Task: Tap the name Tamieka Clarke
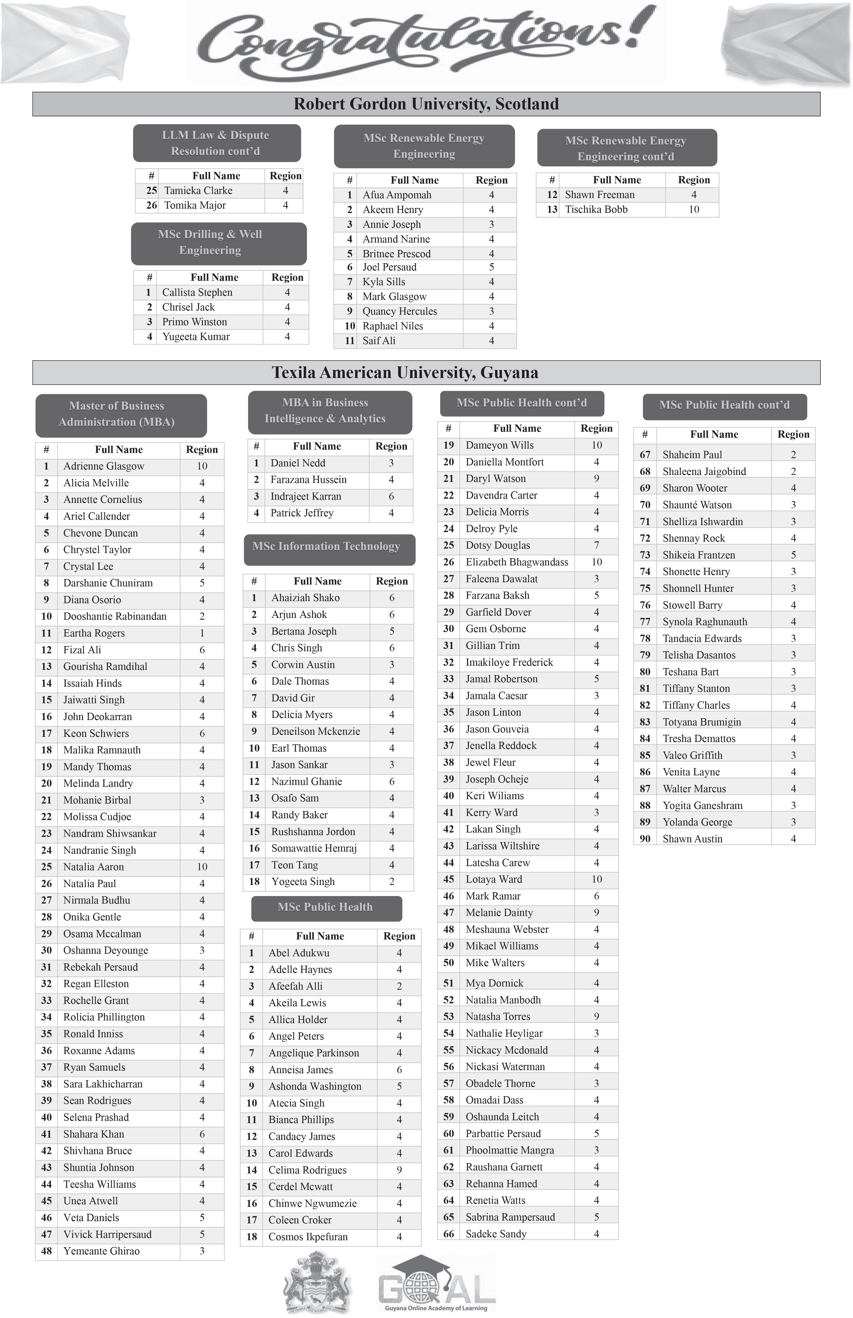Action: coord(198,191)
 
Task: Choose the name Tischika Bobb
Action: coord(596,209)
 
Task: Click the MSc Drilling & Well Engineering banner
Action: coord(219,243)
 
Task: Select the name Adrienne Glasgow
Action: coord(103,466)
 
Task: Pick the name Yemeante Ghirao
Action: coord(101,1251)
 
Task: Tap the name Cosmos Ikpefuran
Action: coord(308,1237)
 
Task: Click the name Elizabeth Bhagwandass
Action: coord(516,562)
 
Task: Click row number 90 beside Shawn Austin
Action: coord(645,838)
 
